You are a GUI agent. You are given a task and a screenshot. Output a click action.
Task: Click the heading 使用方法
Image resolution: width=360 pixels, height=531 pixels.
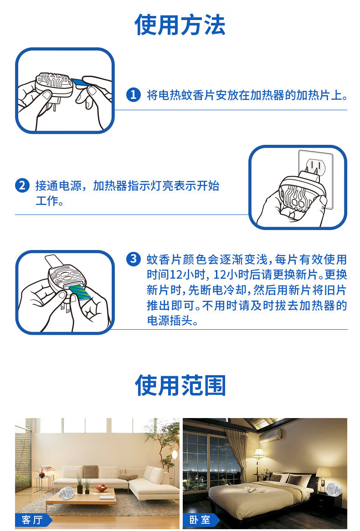(x=180, y=25)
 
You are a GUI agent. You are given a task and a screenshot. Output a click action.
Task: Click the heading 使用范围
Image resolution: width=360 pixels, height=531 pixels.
(x=180, y=385)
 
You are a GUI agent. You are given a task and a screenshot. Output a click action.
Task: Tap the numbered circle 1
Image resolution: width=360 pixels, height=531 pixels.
(x=133, y=95)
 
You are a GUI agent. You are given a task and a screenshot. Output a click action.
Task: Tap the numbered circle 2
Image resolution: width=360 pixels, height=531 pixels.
(x=22, y=185)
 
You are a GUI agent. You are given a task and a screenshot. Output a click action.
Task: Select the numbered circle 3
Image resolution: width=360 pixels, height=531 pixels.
(x=133, y=259)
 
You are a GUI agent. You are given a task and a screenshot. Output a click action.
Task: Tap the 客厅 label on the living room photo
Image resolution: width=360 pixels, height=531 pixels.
(x=33, y=520)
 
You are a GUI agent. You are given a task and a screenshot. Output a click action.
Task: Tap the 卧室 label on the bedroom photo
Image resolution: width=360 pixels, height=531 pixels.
(x=201, y=520)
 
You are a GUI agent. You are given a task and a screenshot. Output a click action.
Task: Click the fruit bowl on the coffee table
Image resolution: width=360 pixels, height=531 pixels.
(x=101, y=488)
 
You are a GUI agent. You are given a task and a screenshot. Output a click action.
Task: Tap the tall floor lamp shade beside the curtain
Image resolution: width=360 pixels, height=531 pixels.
(x=259, y=453)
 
